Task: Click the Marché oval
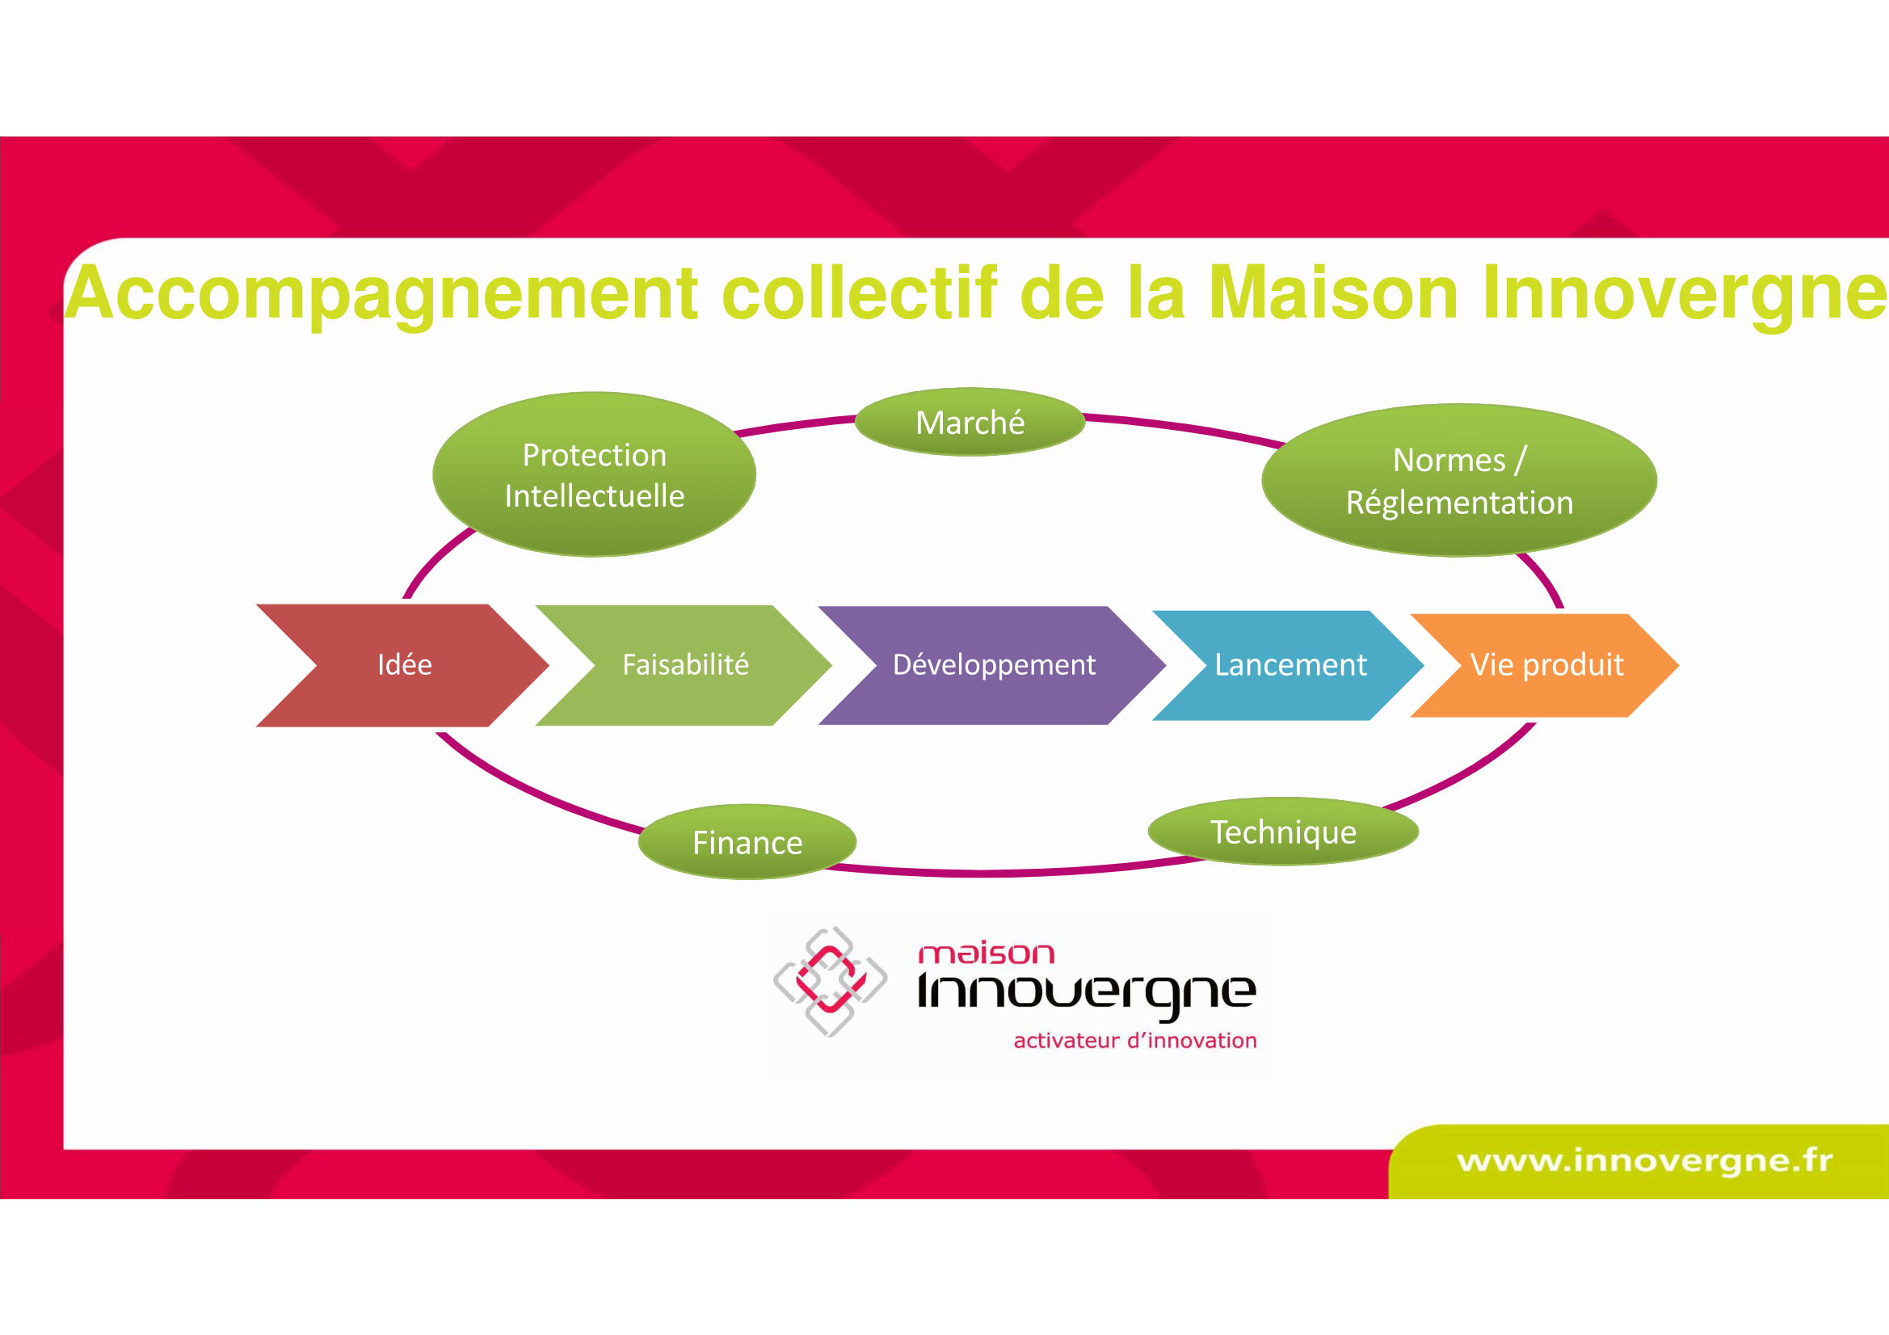pyautogui.click(x=970, y=421)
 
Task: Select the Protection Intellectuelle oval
pyautogui.click(x=594, y=474)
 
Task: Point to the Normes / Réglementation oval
pyautogui.click(x=1458, y=480)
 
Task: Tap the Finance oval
pyautogui.click(x=747, y=842)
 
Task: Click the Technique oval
pyautogui.click(x=1283, y=832)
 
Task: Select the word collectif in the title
pyautogui.click(x=859, y=293)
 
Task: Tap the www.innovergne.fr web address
pyautogui.click(x=1645, y=1160)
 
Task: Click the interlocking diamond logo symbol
pyautogui.click(x=830, y=981)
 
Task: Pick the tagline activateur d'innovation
pyautogui.click(x=1135, y=1041)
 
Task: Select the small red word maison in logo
pyautogui.click(x=986, y=953)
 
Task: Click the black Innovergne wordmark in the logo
pyautogui.click(x=1087, y=994)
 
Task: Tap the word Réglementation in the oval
pyautogui.click(x=1459, y=503)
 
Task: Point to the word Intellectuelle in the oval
pyautogui.click(x=594, y=496)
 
